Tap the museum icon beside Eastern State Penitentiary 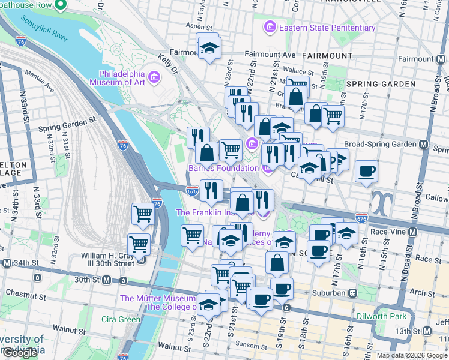(x=270, y=28)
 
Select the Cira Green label (x=121, y=319)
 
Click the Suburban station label (x=330, y=293)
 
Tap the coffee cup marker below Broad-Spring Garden (x=366, y=172)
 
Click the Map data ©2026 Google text (x=411, y=355)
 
